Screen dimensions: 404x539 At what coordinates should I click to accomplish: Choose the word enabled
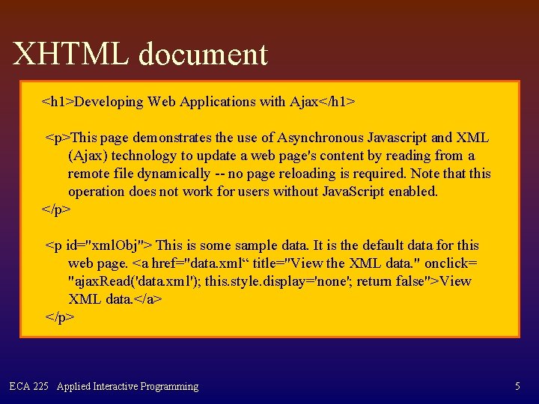(412, 192)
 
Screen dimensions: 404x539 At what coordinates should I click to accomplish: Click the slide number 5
(517, 387)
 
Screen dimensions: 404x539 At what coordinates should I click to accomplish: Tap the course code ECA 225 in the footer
(29, 387)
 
